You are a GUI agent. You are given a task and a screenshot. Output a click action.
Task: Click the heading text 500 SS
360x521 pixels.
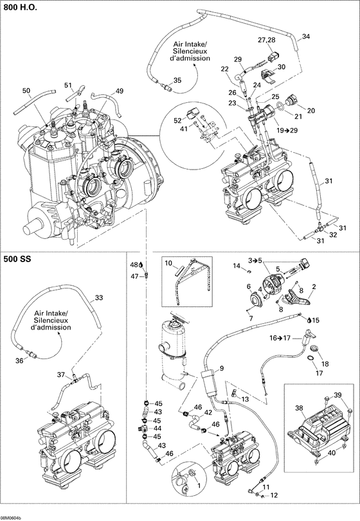[17, 260]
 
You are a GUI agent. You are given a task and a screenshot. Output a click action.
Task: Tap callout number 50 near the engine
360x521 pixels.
[26, 91]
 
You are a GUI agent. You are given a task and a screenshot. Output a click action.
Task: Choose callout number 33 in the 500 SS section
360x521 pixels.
[98, 297]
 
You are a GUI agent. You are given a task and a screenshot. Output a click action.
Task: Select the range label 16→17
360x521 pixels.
[281, 337]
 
